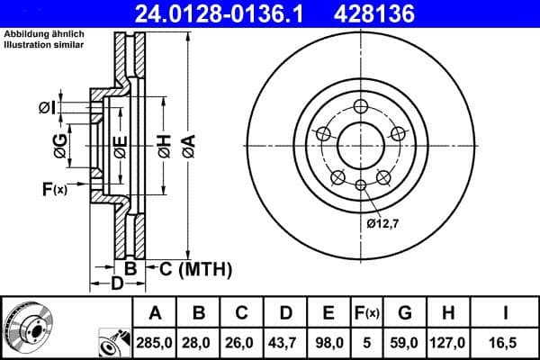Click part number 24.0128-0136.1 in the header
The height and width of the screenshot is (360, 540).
click(x=231, y=13)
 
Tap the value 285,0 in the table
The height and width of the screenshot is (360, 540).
click(x=155, y=343)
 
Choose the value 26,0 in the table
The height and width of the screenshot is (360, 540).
click(x=242, y=343)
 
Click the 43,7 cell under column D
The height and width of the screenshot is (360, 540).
click(x=285, y=343)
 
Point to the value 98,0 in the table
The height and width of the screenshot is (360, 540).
click(x=328, y=343)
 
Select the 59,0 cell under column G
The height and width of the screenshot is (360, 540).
click(x=404, y=343)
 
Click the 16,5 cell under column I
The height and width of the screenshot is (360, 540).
click(x=506, y=343)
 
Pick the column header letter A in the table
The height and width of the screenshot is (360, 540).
click(x=155, y=313)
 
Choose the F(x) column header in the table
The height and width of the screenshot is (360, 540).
click(x=366, y=313)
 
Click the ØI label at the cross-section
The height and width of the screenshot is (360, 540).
click(x=47, y=108)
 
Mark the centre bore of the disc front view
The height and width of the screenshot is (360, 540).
click(x=359, y=144)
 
